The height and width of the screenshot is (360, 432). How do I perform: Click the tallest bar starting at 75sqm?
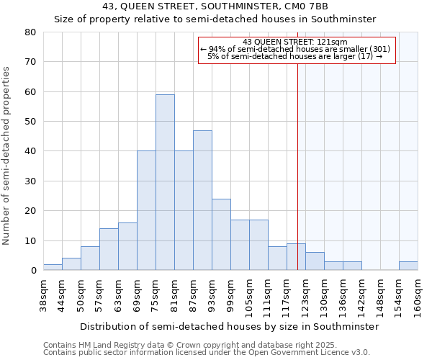[165, 182]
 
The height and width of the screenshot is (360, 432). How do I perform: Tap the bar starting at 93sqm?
[221, 235]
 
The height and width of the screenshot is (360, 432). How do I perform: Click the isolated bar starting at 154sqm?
[408, 266]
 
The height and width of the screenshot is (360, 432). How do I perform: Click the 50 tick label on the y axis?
[30, 122]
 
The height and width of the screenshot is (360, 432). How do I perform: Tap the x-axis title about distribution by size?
[229, 326]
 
